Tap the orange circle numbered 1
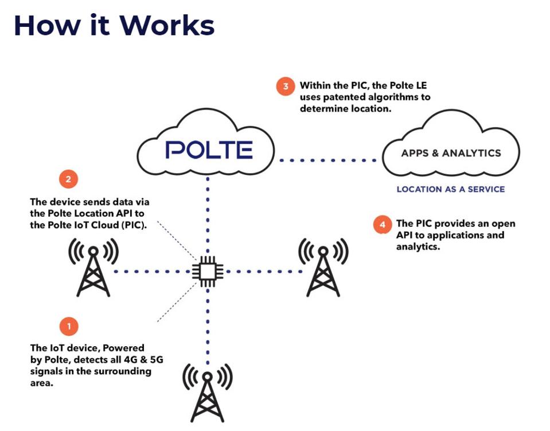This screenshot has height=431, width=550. (x=69, y=327)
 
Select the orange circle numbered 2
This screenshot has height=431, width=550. (x=68, y=179)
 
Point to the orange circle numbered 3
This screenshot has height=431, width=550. (x=284, y=87)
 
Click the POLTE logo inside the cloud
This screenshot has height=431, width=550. (x=209, y=150)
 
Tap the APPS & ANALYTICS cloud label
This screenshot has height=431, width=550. (x=451, y=153)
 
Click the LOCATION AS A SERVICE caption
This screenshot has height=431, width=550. (x=451, y=189)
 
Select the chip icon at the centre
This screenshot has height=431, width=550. (x=207, y=271)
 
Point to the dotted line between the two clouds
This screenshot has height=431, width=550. (x=330, y=160)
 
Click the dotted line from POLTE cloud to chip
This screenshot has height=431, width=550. (x=208, y=218)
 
